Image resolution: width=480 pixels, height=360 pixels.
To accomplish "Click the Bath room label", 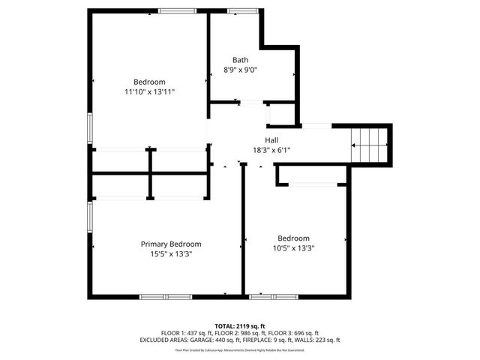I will (240, 60).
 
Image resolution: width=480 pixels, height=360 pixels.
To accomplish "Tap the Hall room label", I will (271, 140).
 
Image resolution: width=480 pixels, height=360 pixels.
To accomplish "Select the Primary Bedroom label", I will (171, 244).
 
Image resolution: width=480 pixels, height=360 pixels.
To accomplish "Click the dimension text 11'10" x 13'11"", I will (150, 91).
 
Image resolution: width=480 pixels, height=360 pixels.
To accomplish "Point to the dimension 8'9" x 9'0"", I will (240, 70).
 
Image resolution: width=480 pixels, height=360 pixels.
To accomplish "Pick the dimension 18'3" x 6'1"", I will (271, 150).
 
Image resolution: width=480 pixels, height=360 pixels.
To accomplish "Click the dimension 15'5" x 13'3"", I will (171, 253).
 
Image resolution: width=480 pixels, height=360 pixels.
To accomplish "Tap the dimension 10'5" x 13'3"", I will (293, 248).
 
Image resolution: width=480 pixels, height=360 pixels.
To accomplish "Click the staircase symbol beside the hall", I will (370, 142).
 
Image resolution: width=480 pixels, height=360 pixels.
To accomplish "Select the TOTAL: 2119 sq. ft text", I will (240, 326).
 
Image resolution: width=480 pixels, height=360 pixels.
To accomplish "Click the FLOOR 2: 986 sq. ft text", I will (240, 333).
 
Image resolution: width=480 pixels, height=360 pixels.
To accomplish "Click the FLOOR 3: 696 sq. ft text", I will (293, 333).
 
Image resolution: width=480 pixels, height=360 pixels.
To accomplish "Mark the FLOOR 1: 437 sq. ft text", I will (186, 333).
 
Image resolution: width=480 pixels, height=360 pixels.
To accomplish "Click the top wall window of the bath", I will (241, 11).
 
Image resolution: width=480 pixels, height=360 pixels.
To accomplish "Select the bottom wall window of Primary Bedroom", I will (165, 297).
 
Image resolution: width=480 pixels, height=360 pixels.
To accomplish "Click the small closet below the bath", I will (280, 114).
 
